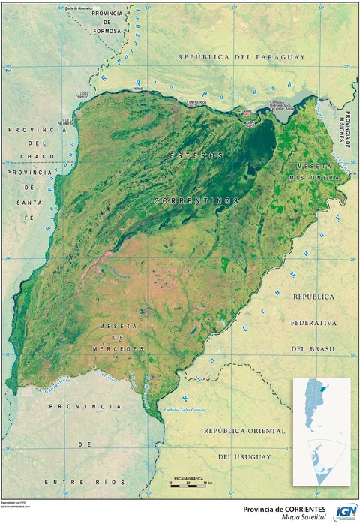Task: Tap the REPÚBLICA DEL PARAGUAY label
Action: click(240, 57)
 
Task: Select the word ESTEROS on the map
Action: click(196, 155)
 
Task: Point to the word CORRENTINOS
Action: click(196, 201)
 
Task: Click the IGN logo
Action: click(346, 511)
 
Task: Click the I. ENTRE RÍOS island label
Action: click(197, 103)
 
